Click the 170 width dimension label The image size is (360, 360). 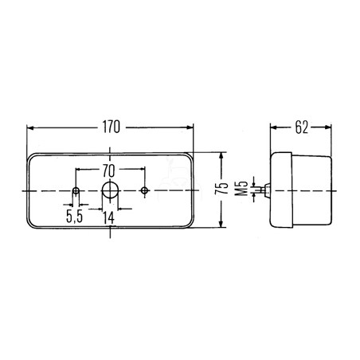pos(112,127)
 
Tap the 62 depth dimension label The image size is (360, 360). pos(302,127)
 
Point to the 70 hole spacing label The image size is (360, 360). pos(109,170)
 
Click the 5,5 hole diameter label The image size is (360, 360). pos(75,217)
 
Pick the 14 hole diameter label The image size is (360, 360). pos(109,217)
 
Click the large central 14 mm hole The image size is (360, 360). pos(110,190)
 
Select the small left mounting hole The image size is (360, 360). pos(76,190)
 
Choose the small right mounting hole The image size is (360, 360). pos(145,190)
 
